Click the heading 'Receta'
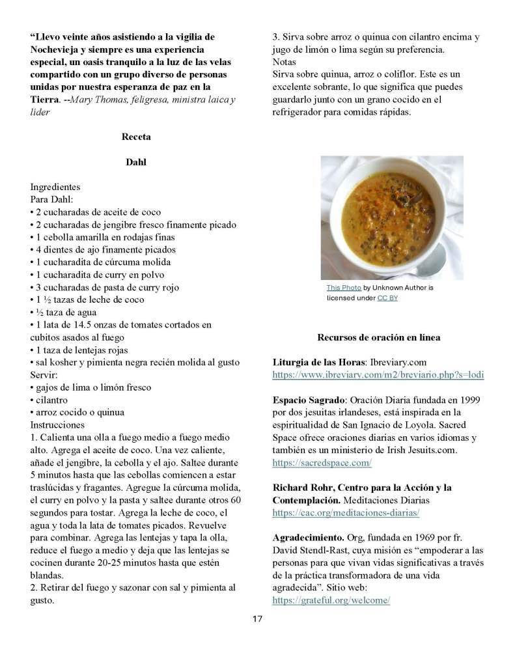(x=135, y=137)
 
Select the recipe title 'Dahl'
(x=135, y=162)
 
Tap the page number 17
(x=257, y=618)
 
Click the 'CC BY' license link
(x=387, y=298)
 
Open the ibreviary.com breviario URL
(x=378, y=375)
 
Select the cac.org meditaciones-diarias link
(x=346, y=512)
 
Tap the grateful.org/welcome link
(x=331, y=600)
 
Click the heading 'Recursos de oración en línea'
(x=378, y=337)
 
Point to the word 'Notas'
(x=284, y=61)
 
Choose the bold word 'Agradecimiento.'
(x=306, y=538)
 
